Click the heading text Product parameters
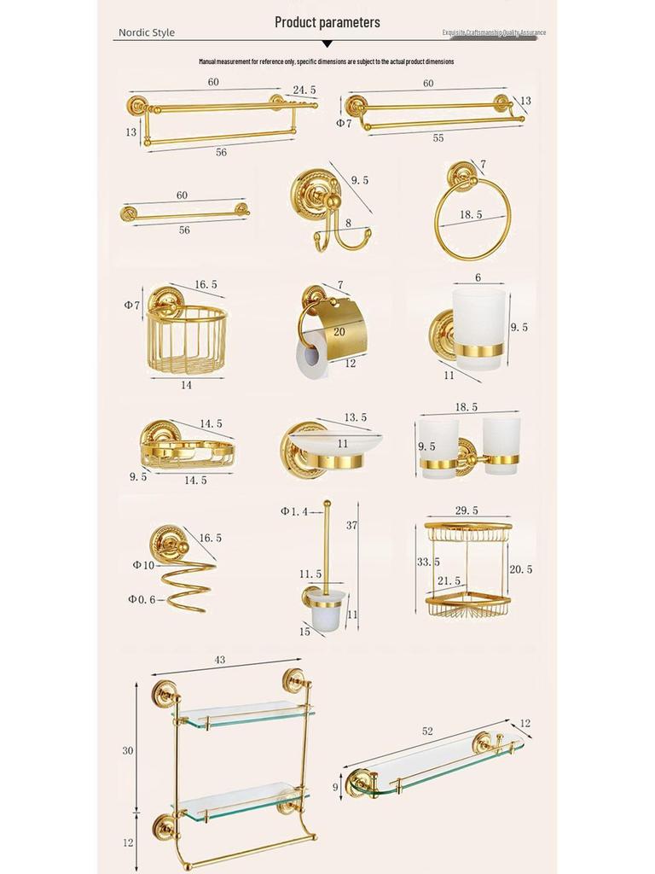327,22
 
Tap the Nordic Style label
146,32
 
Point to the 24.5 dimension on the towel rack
304,90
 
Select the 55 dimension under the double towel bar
438,137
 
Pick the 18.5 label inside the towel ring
471,215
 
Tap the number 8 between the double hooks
348,223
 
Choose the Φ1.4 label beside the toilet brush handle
295,511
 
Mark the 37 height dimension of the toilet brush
351,526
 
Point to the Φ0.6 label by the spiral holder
143,599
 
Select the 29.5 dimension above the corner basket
467,510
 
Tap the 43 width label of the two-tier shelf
219,661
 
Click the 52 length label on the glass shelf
426,731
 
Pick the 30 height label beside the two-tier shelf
128,750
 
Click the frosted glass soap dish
335,443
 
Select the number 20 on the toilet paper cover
339,332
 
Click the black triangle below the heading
327,43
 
